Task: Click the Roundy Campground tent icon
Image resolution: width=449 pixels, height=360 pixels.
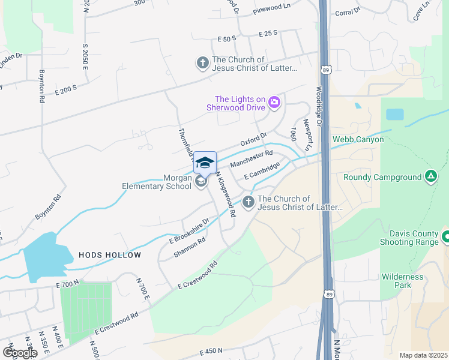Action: coord(430,176)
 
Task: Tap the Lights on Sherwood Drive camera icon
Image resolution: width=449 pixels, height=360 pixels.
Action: coord(274,103)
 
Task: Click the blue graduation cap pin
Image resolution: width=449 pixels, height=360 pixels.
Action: coord(205,163)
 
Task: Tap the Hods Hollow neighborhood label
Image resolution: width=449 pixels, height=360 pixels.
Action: coord(110,255)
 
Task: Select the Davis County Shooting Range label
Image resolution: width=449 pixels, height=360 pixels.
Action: coord(409,238)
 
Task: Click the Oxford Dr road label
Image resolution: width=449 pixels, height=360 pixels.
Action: coord(253,143)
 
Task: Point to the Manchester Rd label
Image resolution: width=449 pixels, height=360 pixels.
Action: coord(251,160)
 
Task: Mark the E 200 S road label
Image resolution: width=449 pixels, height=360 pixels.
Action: coord(66,90)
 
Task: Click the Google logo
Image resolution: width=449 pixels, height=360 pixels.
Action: coord(19,353)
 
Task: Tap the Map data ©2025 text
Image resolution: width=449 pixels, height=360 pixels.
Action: coord(423,355)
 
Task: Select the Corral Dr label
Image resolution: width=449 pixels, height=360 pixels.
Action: coord(348,11)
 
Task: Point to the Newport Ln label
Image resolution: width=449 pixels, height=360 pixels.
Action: coord(308,134)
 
